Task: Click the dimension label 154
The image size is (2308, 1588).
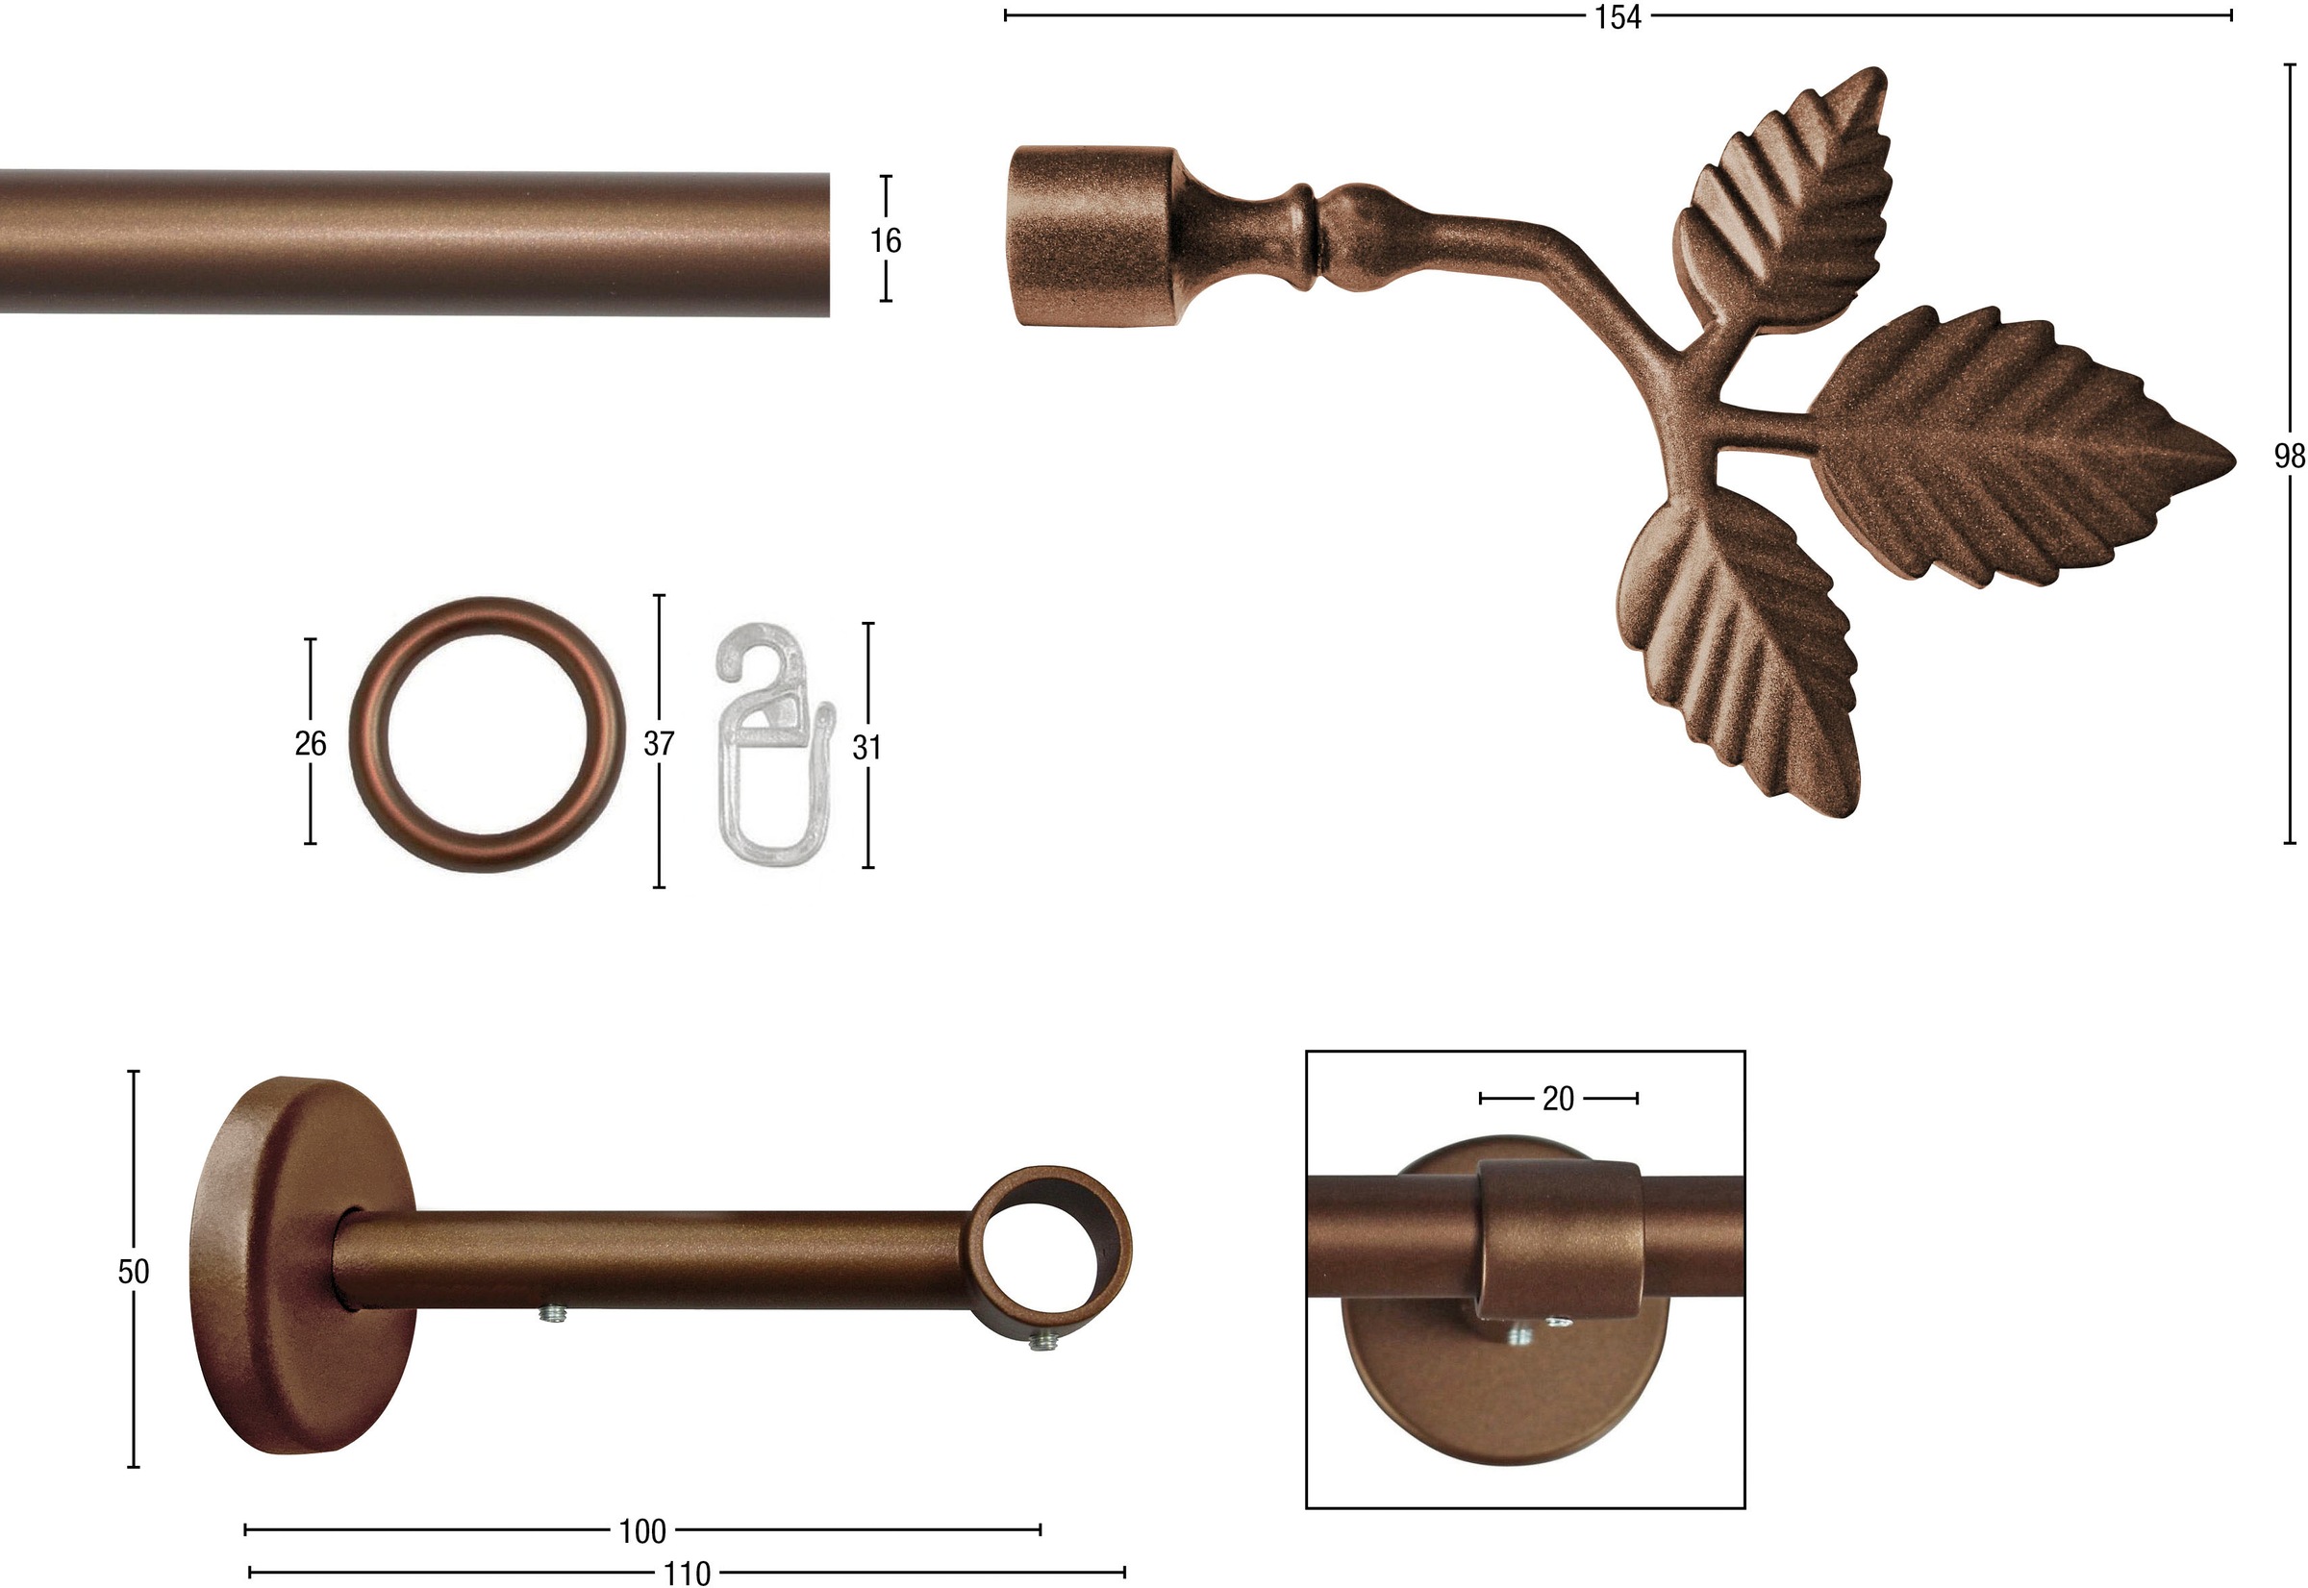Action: coord(1618,17)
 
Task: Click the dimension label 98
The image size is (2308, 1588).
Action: coord(2290,456)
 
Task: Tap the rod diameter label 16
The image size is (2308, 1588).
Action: coord(885,239)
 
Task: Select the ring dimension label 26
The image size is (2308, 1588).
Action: coord(311,743)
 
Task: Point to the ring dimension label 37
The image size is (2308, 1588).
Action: coord(659,743)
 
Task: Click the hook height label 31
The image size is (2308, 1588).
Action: coord(866,747)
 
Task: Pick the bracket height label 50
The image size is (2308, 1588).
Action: coord(134,1272)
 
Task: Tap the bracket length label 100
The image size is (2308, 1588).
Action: coord(643,1531)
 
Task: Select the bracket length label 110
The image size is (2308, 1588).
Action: coord(687,1573)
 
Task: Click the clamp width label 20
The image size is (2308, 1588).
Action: coord(1559,1099)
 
